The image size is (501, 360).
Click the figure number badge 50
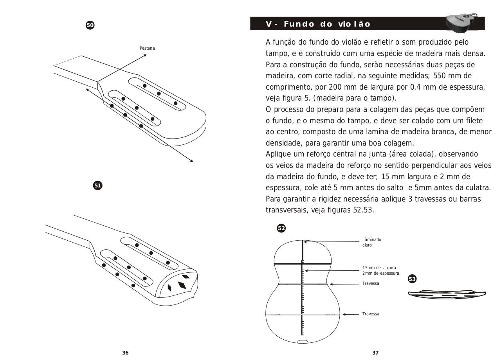coord(90,25)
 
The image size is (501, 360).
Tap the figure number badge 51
coord(97,185)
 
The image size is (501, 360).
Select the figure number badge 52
coord(281,228)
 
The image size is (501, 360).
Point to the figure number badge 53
coord(412,279)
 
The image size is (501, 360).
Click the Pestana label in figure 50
coord(147,48)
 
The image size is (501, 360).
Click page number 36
coord(125,353)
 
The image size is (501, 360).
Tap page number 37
coord(375,353)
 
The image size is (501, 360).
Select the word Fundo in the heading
coord(299,24)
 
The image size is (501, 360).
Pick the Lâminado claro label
coord(371,242)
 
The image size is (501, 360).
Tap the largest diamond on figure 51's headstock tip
coord(182,285)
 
